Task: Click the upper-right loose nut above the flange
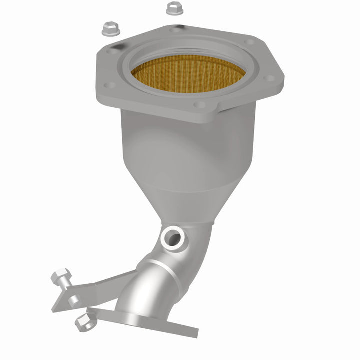click(173, 8)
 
